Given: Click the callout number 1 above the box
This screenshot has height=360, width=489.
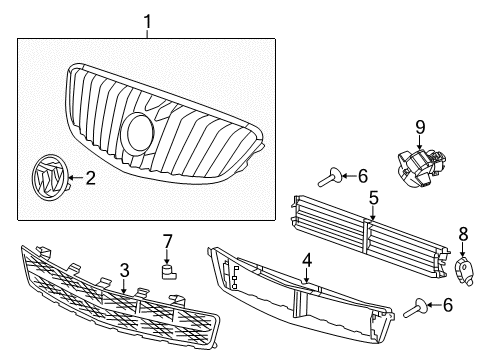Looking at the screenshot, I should coord(146,21).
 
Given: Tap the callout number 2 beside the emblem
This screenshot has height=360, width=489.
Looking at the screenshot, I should coord(90,179).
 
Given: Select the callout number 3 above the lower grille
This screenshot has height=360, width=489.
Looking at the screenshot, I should coord(124,269).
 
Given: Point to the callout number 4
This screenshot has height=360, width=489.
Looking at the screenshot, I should coord(307,259).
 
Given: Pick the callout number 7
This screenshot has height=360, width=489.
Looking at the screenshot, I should coord(168,240).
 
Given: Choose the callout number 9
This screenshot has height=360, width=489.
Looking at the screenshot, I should coord(421,126).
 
